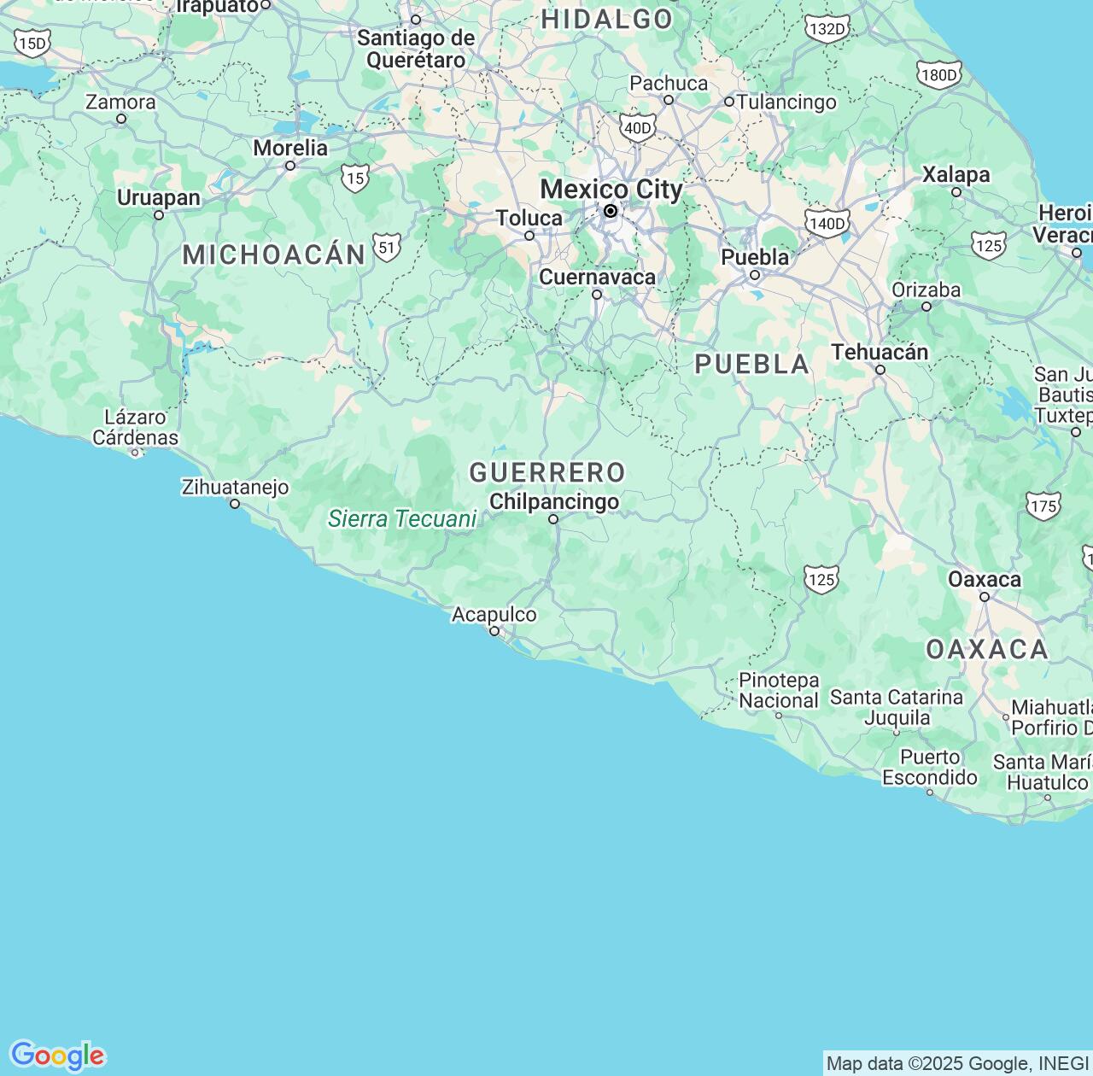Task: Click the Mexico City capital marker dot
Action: tap(611, 211)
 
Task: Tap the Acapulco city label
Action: tap(494, 615)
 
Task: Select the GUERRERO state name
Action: tap(547, 472)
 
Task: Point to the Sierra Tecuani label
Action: tap(402, 519)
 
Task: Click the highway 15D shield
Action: tap(32, 43)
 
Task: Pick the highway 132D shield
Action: tap(827, 29)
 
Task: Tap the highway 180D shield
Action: tap(939, 75)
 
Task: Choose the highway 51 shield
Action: tap(387, 249)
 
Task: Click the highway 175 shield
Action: tap(1043, 506)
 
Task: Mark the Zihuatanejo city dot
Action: tap(235, 504)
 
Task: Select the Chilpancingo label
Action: tap(554, 501)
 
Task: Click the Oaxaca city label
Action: tap(984, 580)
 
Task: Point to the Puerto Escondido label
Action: tap(929, 768)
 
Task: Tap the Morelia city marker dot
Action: tap(290, 166)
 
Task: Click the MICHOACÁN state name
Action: tap(274, 254)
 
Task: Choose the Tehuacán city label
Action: tap(880, 352)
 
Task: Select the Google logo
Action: tap(57, 1056)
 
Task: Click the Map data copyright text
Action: tap(957, 1064)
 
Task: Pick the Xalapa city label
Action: tap(956, 175)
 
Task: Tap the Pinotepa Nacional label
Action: tap(779, 691)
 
